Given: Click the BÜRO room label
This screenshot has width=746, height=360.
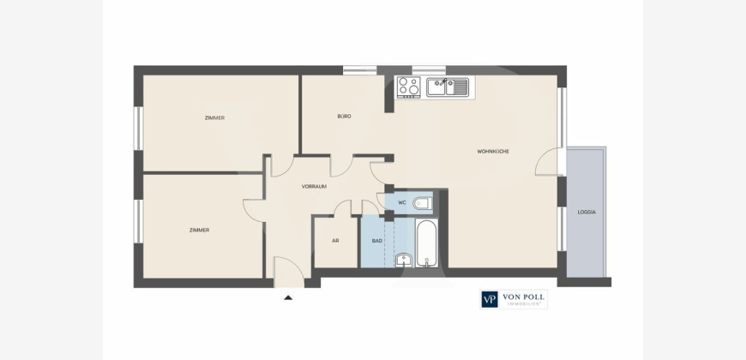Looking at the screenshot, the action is point(344,116).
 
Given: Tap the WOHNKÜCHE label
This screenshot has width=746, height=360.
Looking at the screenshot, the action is point(493,151).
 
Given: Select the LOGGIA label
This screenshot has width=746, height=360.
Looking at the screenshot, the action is point(587,212).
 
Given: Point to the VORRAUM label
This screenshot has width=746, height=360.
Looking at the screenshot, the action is point(314,186).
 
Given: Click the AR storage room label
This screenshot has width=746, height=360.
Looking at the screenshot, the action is point(335,241).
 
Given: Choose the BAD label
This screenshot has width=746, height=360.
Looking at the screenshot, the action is point(376,241).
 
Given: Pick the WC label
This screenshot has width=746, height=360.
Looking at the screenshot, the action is point(402,202).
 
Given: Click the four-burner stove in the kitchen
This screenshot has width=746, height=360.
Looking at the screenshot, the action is point(409,87).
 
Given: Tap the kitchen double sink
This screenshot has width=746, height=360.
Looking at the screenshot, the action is point(448,87).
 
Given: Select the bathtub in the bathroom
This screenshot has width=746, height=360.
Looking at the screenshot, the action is point(426,243).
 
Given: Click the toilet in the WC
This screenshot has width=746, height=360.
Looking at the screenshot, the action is point(422,203).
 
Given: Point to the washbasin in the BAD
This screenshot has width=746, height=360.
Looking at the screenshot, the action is point(404,260).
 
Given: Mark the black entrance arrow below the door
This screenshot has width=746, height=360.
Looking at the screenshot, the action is point(288,297).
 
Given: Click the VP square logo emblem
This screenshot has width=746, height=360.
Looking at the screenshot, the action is point(490,300).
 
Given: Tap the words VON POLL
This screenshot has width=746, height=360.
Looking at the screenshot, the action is point(523,297).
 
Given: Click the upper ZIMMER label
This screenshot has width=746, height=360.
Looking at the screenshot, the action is point(214,118).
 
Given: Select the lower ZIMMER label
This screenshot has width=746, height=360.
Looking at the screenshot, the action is point(199,231).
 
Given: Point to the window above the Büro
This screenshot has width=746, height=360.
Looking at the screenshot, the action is point(359,70).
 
